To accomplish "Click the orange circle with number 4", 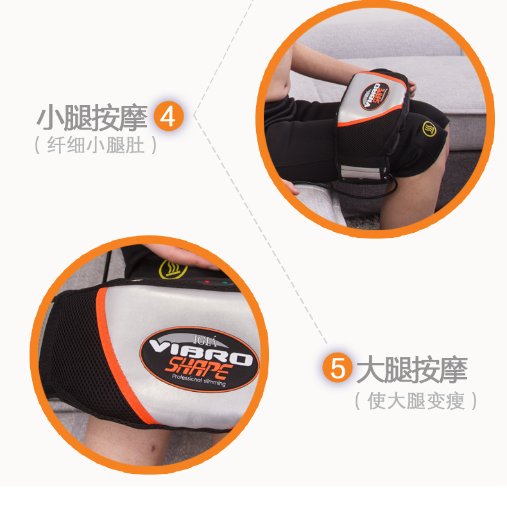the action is tap(168, 115).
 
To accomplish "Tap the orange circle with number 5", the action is tap(338, 367).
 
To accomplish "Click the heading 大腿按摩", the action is tap(412, 369).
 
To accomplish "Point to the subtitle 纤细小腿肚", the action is tap(96, 144).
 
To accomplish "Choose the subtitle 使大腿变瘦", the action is tap(416, 401).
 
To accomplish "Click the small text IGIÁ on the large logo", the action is tap(205, 341).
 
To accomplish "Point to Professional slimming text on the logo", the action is tap(198, 380).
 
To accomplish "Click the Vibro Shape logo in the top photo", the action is tap(374, 96).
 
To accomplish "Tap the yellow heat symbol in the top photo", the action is tap(429, 129).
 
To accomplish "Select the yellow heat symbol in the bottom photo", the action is tap(173, 269).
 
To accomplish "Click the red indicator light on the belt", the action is tap(207, 282).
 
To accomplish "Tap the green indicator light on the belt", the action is tap(225, 283).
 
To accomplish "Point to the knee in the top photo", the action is tap(420, 187).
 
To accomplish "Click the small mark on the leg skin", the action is tap(151, 448).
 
